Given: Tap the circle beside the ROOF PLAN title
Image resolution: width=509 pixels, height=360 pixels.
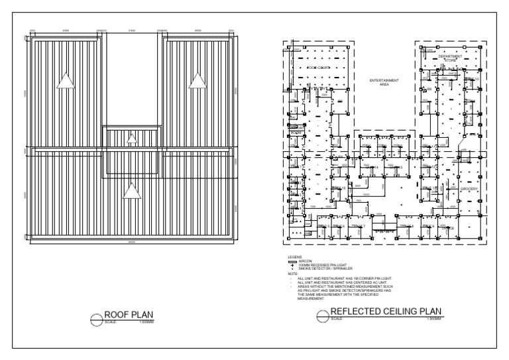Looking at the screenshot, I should (96, 319).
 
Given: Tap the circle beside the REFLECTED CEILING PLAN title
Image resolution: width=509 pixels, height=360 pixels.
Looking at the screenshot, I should (323, 316).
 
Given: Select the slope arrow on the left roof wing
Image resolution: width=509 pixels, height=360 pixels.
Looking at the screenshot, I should (65, 80).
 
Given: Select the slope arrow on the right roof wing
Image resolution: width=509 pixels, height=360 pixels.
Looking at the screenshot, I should (197, 80).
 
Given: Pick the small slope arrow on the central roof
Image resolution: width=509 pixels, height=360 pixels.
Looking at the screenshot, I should (131, 139).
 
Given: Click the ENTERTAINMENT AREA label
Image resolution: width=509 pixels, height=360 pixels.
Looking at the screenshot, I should (383, 82).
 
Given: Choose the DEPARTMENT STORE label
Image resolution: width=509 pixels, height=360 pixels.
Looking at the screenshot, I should (451, 58).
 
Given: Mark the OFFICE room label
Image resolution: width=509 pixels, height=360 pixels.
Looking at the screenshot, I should (448, 227).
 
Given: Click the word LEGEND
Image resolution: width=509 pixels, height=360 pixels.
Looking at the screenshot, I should (294, 256).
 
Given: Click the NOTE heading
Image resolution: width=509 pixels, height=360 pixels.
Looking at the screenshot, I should (292, 272).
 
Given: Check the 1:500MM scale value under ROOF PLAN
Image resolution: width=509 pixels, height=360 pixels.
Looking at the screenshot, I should (146, 322).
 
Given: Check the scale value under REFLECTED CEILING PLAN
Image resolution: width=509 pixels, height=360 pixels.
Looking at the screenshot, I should (433, 320).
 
